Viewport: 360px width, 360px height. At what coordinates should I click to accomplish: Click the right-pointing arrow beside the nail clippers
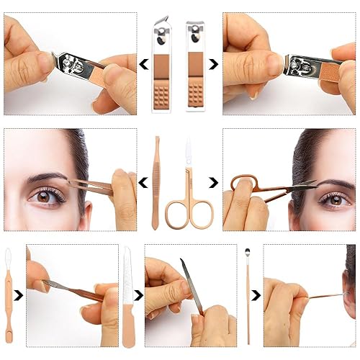[213, 64]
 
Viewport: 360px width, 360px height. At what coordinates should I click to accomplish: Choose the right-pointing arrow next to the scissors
[213, 184]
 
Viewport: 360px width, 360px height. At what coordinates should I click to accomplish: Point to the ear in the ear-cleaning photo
[349, 295]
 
